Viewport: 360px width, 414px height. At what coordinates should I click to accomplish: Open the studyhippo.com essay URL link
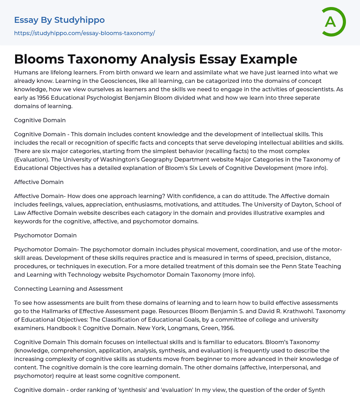coord(84,33)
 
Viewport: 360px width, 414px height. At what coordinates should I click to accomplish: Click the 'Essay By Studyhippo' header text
coord(59,20)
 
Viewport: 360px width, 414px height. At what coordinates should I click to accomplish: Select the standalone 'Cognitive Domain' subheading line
coord(40,120)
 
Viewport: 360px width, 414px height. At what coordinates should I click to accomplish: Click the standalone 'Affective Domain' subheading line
coord(39,182)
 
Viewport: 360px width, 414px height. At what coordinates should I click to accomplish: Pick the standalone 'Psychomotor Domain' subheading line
coord(45,235)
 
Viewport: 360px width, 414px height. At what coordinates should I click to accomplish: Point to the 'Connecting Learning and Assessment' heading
coord(69,289)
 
